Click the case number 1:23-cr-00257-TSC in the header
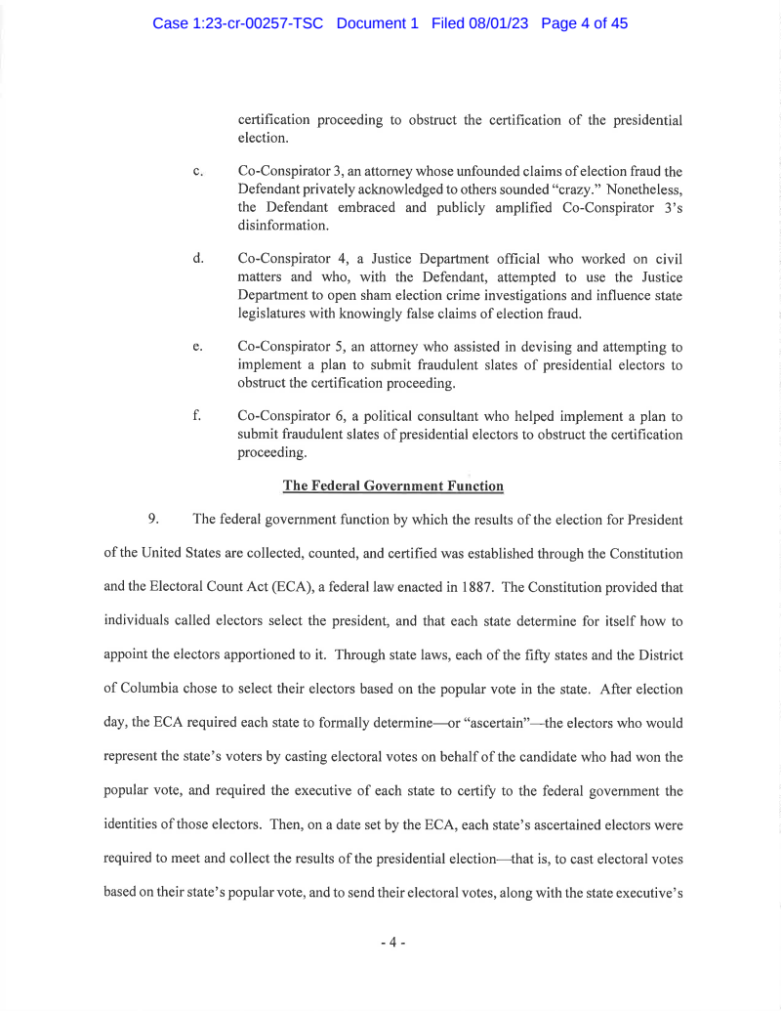coord(240,23)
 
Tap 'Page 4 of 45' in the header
coord(583,23)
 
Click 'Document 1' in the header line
coord(377,23)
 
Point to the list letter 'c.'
coord(198,172)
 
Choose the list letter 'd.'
coord(198,258)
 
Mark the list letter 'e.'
coord(198,346)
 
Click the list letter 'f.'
coord(198,415)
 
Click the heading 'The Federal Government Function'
coord(392,486)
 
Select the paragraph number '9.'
coord(154,519)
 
